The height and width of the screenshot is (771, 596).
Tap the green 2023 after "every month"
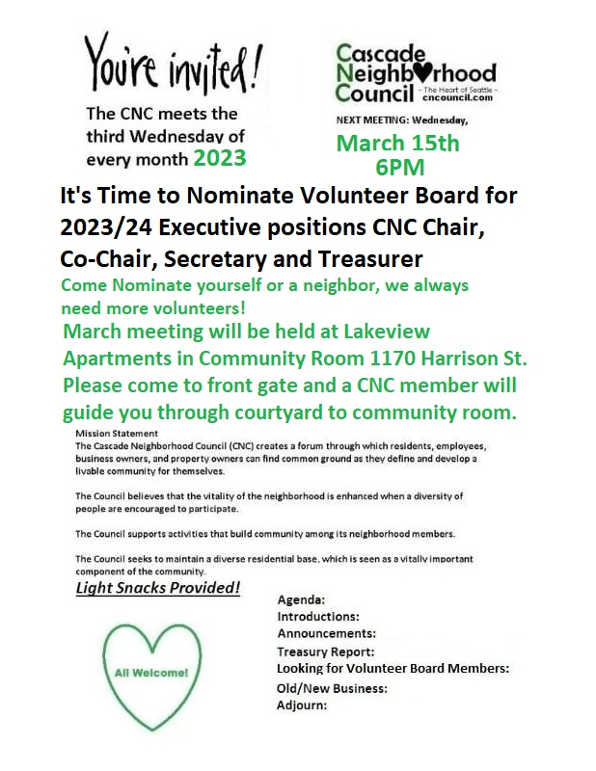click(x=219, y=157)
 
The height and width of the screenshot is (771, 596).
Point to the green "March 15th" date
click(x=398, y=145)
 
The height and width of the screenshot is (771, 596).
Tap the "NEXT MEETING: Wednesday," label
click(x=400, y=120)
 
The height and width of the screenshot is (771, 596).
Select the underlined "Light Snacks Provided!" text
click(x=157, y=587)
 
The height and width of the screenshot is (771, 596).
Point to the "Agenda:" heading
click(x=301, y=599)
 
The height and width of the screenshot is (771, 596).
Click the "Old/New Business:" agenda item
click(x=332, y=688)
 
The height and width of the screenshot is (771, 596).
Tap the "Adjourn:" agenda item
click(x=302, y=705)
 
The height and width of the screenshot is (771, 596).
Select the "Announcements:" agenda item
click(x=326, y=633)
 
